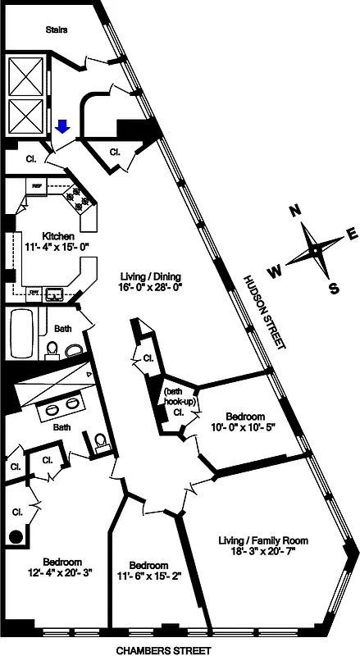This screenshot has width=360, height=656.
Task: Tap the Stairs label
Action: (x=56, y=30)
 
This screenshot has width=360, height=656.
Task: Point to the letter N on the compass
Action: (x=295, y=212)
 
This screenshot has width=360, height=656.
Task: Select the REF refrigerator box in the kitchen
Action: (x=37, y=186)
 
